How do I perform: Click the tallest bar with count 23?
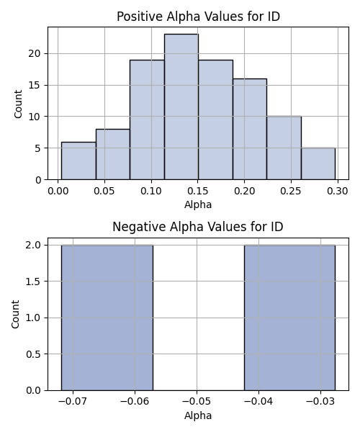click(x=181, y=107)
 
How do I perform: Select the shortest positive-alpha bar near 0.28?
click(x=318, y=163)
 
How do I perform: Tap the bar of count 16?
click(x=250, y=129)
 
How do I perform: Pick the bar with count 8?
click(x=113, y=154)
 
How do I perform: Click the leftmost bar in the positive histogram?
click(x=78, y=161)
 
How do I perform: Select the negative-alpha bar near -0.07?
click(x=107, y=318)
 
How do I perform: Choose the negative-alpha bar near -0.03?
click(x=289, y=318)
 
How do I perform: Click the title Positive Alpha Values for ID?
click(x=198, y=17)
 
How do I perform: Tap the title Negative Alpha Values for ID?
click(x=198, y=227)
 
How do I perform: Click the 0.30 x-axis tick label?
click(x=338, y=191)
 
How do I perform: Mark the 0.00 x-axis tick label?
click(x=58, y=191)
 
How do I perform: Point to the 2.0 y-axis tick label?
click(x=34, y=245)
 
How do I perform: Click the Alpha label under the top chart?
click(x=198, y=204)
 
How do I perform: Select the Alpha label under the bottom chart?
click(x=198, y=415)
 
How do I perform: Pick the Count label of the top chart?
click(x=18, y=104)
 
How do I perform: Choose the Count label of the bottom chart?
click(x=15, y=315)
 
